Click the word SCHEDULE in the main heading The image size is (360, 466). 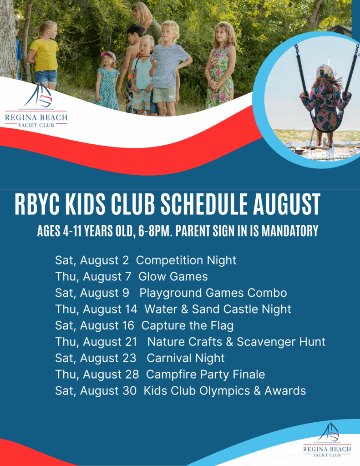[x=204, y=204]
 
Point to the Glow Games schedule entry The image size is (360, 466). [x=173, y=276]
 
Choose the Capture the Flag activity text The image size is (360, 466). [x=188, y=325]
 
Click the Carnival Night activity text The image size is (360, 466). [x=186, y=358]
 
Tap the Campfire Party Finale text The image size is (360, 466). [x=205, y=375]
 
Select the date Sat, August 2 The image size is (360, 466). [x=92, y=260]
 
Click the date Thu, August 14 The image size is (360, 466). [x=96, y=309]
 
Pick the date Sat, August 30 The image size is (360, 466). [x=96, y=391]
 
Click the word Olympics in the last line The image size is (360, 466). [x=224, y=391]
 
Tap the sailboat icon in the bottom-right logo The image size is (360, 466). [x=328, y=433]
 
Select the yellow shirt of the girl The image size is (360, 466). [x=45, y=55]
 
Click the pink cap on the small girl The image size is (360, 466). [x=108, y=55]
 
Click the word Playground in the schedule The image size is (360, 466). [x=171, y=294]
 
